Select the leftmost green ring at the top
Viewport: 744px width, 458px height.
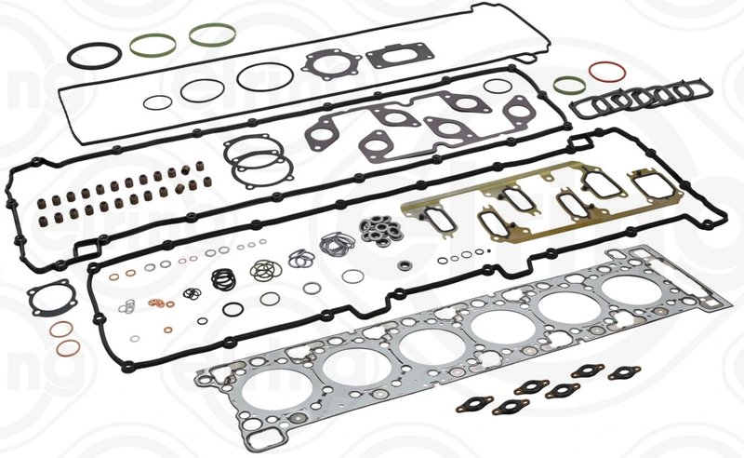click(x=152, y=43)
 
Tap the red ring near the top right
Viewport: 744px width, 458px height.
click(x=605, y=72)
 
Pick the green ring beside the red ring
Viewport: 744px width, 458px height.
click(x=569, y=86)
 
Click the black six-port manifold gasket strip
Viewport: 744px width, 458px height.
click(x=641, y=100)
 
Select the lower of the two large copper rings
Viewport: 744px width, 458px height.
click(x=68, y=349)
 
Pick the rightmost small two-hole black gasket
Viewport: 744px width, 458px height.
click(x=624, y=373)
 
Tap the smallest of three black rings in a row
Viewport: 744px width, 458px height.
click(x=161, y=101)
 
